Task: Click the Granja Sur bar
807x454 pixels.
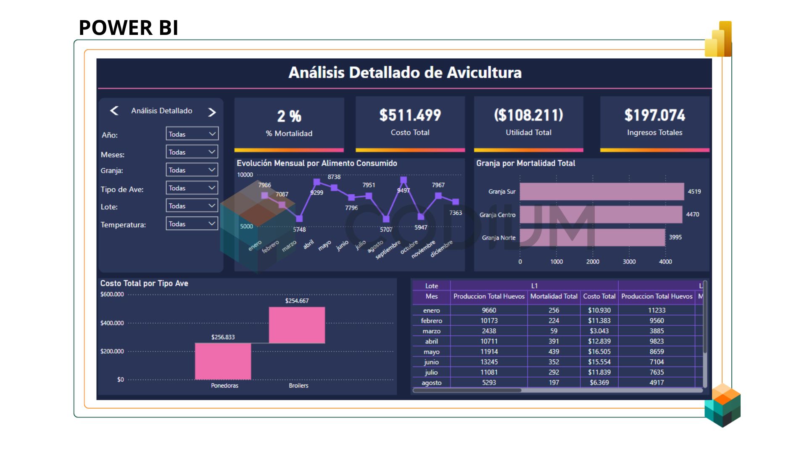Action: [601, 192]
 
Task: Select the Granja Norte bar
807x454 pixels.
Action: [592, 238]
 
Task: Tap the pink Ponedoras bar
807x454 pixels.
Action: [223, 361]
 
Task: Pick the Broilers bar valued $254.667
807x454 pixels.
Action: [297, 325]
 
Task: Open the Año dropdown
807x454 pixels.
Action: [192, 134]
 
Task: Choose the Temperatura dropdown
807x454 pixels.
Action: [192, 224]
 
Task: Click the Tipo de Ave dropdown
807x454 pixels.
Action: [192, 188]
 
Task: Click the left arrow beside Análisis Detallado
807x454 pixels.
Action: [114, 111]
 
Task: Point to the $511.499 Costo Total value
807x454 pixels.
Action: [410, 115]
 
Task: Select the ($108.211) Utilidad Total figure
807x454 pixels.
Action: [528, 115]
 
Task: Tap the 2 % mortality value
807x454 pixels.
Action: [289, 116]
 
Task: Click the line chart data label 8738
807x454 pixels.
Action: [334, 177]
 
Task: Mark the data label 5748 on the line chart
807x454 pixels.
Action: [299, 230]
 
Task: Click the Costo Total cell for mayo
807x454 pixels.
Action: [599, 351]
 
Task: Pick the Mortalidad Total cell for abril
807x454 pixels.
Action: [554, 341]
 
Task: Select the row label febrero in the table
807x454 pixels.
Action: [431, 321]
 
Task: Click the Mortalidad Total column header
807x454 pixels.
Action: [554, 296]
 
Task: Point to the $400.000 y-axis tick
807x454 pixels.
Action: [112, 323]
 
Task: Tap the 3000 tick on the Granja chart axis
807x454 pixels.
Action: [629, 261]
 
